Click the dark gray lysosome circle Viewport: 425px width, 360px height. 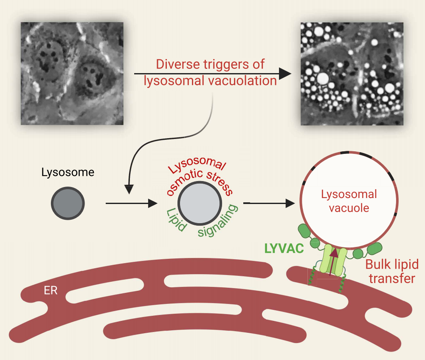tap(68, 204)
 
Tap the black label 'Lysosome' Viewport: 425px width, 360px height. tap(68, 173)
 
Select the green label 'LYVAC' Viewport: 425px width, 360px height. tap(284, 248)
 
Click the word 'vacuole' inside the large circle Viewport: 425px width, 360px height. tap(349, 208)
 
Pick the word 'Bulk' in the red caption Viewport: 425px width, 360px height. tap(377, 264)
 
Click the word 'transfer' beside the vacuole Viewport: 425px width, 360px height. tap(391, 279)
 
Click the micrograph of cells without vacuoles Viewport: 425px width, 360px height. tap(72, 73)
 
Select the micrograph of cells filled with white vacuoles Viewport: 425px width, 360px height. tap(351, 73)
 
